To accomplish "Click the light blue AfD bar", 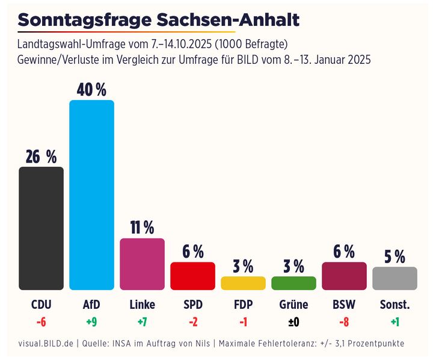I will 91,195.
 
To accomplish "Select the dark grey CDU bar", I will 41,228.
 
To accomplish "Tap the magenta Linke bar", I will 142,264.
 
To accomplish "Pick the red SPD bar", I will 192,276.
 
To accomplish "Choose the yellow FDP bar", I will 243,283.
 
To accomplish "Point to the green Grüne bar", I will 293,283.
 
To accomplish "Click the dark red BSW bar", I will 344,276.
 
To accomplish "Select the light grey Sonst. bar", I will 395,278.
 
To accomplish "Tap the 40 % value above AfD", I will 91,90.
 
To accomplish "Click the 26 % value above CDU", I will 41,157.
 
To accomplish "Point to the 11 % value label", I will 142,228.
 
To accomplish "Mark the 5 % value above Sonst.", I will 395,257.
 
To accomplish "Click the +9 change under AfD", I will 91,322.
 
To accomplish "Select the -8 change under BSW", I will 344,322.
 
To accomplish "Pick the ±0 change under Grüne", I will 293,322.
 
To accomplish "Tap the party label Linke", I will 142,305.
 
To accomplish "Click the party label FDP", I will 243,305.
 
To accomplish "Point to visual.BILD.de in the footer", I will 45,344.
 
